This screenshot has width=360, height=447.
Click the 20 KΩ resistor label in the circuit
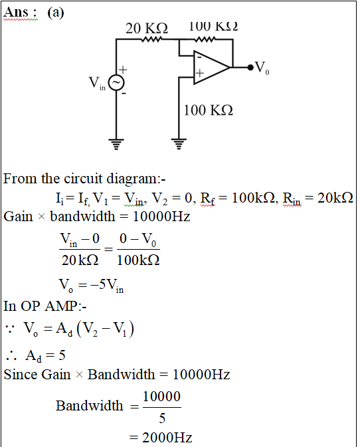tap(147, 29)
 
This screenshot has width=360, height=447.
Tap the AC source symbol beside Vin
tap(116, 82)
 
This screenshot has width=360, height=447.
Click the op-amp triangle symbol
tap(211, 67)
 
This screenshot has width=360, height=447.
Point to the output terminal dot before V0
tap(250, 67)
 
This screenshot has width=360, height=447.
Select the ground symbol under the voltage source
tap(116, 144)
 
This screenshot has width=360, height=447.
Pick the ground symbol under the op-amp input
tap(179, 144)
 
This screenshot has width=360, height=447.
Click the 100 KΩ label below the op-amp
tap(209, 110)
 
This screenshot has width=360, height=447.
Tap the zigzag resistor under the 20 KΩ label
tap(151, 39)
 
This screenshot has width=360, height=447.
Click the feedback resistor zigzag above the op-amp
tap(205, 39)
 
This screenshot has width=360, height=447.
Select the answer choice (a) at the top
tap(56, 13)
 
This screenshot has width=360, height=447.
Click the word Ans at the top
tap(16, 12)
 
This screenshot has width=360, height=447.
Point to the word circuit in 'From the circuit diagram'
tap(83, 179)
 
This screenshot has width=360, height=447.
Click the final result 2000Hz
tap(167, 437)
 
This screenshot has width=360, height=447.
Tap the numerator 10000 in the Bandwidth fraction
tap(161, 397)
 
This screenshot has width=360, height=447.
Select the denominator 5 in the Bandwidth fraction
tap(162, 418)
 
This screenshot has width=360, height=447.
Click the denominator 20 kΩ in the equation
tap(80, 260)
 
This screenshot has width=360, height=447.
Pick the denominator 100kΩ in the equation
tap(138, 260)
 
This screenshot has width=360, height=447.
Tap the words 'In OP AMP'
tap(41, 306)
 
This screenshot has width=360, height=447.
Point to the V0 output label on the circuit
tap(262, 68)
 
